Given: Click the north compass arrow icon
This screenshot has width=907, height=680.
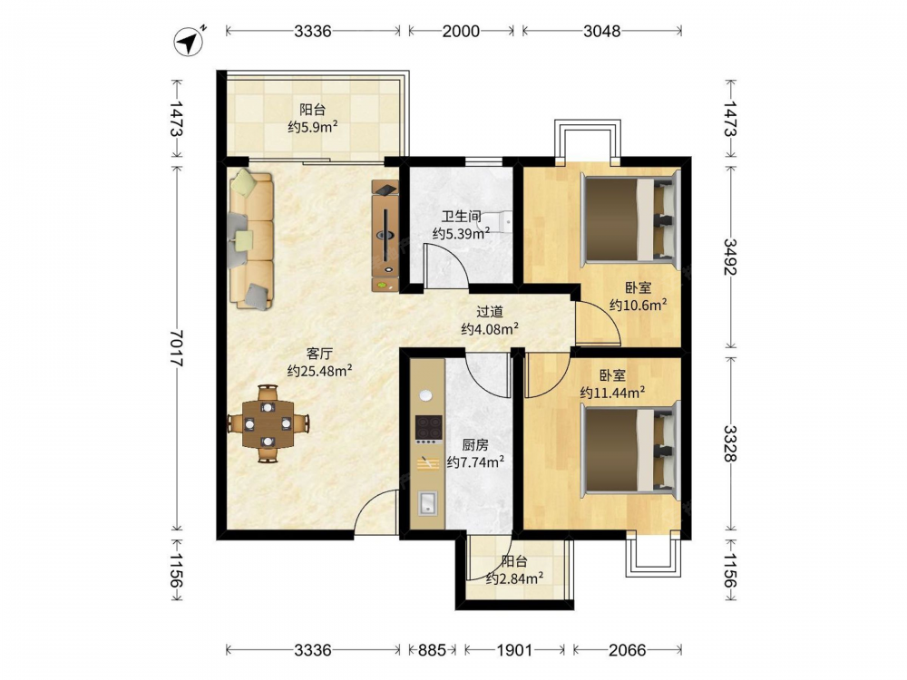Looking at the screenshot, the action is tap(190, 42).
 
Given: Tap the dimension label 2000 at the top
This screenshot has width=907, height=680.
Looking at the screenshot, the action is tap(461, 31).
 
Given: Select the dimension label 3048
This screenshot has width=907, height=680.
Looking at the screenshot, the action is tap(601, 31).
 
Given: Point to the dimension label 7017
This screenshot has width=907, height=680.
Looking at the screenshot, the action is tap(177, 348).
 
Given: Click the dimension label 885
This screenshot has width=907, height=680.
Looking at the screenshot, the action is tap(432, 650).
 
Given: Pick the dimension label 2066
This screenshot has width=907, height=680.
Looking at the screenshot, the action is tap(627, 650).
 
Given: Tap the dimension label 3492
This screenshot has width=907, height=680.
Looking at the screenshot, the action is tap(730, 257).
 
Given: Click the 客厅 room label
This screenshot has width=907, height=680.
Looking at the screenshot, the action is tap(319, 354).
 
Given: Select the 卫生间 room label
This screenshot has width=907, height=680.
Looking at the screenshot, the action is tap(461, 217).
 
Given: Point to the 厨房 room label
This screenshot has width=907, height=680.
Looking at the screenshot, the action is tap(475, 444).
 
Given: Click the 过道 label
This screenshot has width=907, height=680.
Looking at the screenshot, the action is tap(490, 312).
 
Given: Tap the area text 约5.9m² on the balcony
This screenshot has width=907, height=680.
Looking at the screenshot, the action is tap(313, 127).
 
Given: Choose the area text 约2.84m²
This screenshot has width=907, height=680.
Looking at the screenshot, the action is tap(514, 578).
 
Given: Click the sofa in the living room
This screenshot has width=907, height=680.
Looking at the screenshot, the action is tap(251, 238).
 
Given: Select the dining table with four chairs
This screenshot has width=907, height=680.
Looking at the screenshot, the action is tap(268, 423).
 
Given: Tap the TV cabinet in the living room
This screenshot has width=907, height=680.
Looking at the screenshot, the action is tap(385, 236).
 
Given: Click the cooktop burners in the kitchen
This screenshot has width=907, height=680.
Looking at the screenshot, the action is tap(429, 430).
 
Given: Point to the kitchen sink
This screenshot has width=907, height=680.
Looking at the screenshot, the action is tap(428, 502).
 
